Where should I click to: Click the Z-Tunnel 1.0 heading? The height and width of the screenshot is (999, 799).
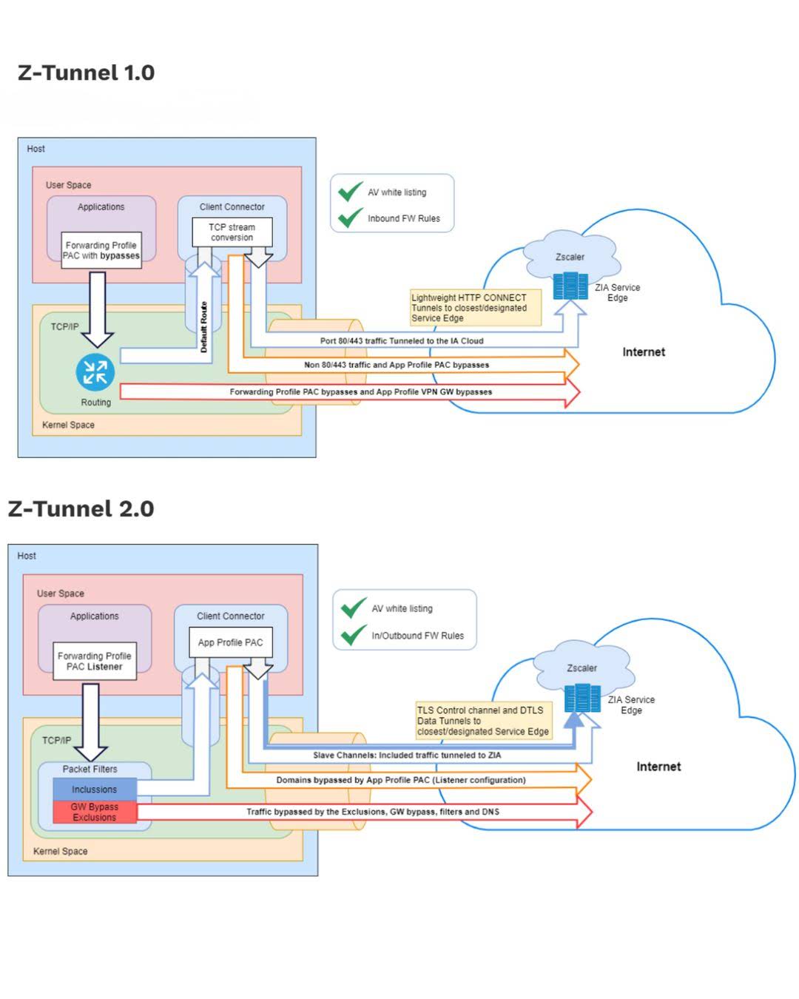pyautogui.click(x=86, y=73)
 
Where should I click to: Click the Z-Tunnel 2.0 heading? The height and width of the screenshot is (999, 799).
pyautogui.click(x=81, y=508)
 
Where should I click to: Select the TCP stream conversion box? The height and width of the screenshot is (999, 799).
pyautogui.click(x=232, y=232)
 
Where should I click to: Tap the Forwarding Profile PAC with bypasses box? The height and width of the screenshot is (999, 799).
pyautogui.click(x=101, y=250)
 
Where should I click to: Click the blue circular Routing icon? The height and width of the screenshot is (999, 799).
pyautogui.click(x=95, y=371)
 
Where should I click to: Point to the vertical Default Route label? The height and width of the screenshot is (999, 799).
pyautogui.click(x=203, y=327)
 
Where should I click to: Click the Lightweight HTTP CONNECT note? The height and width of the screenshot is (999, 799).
pyautogui.click(x=476, y=307)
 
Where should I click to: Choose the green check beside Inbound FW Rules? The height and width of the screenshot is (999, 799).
pyautogui.click(x=351, y=218)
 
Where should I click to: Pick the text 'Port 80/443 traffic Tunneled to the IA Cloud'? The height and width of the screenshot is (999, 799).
pyautogui.click(x=402, y=340)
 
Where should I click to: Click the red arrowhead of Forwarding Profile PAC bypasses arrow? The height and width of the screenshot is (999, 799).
pyautogui.click(x=572, y=393)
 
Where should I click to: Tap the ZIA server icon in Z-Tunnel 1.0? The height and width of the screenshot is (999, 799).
pyautogui.click(x=570, y=286)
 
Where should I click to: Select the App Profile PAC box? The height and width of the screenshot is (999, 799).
pyautogui.click(x=230, y=642)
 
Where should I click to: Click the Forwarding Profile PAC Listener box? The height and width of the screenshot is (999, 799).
pyautogui.click(x=95, y=661)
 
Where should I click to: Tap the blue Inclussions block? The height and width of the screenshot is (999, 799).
pyautogui.click(x=95, y=789)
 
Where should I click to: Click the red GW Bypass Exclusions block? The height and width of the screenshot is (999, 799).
pyautogui.click(x=95, y=812)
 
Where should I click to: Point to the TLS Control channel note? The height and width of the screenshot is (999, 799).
pyautogui.click(x=483, y=721)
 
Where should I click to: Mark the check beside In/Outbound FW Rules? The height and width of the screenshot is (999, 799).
pyautogui.click(x=354, y=635)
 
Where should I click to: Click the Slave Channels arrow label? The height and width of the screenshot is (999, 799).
pyautogui.click(x=407, y=756)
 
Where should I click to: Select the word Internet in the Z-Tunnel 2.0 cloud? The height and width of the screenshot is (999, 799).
pyautogui.click(x=658, y=767)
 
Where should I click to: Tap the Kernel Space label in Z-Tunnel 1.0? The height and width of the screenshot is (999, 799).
pyautogui.click(x=68, y=425)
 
